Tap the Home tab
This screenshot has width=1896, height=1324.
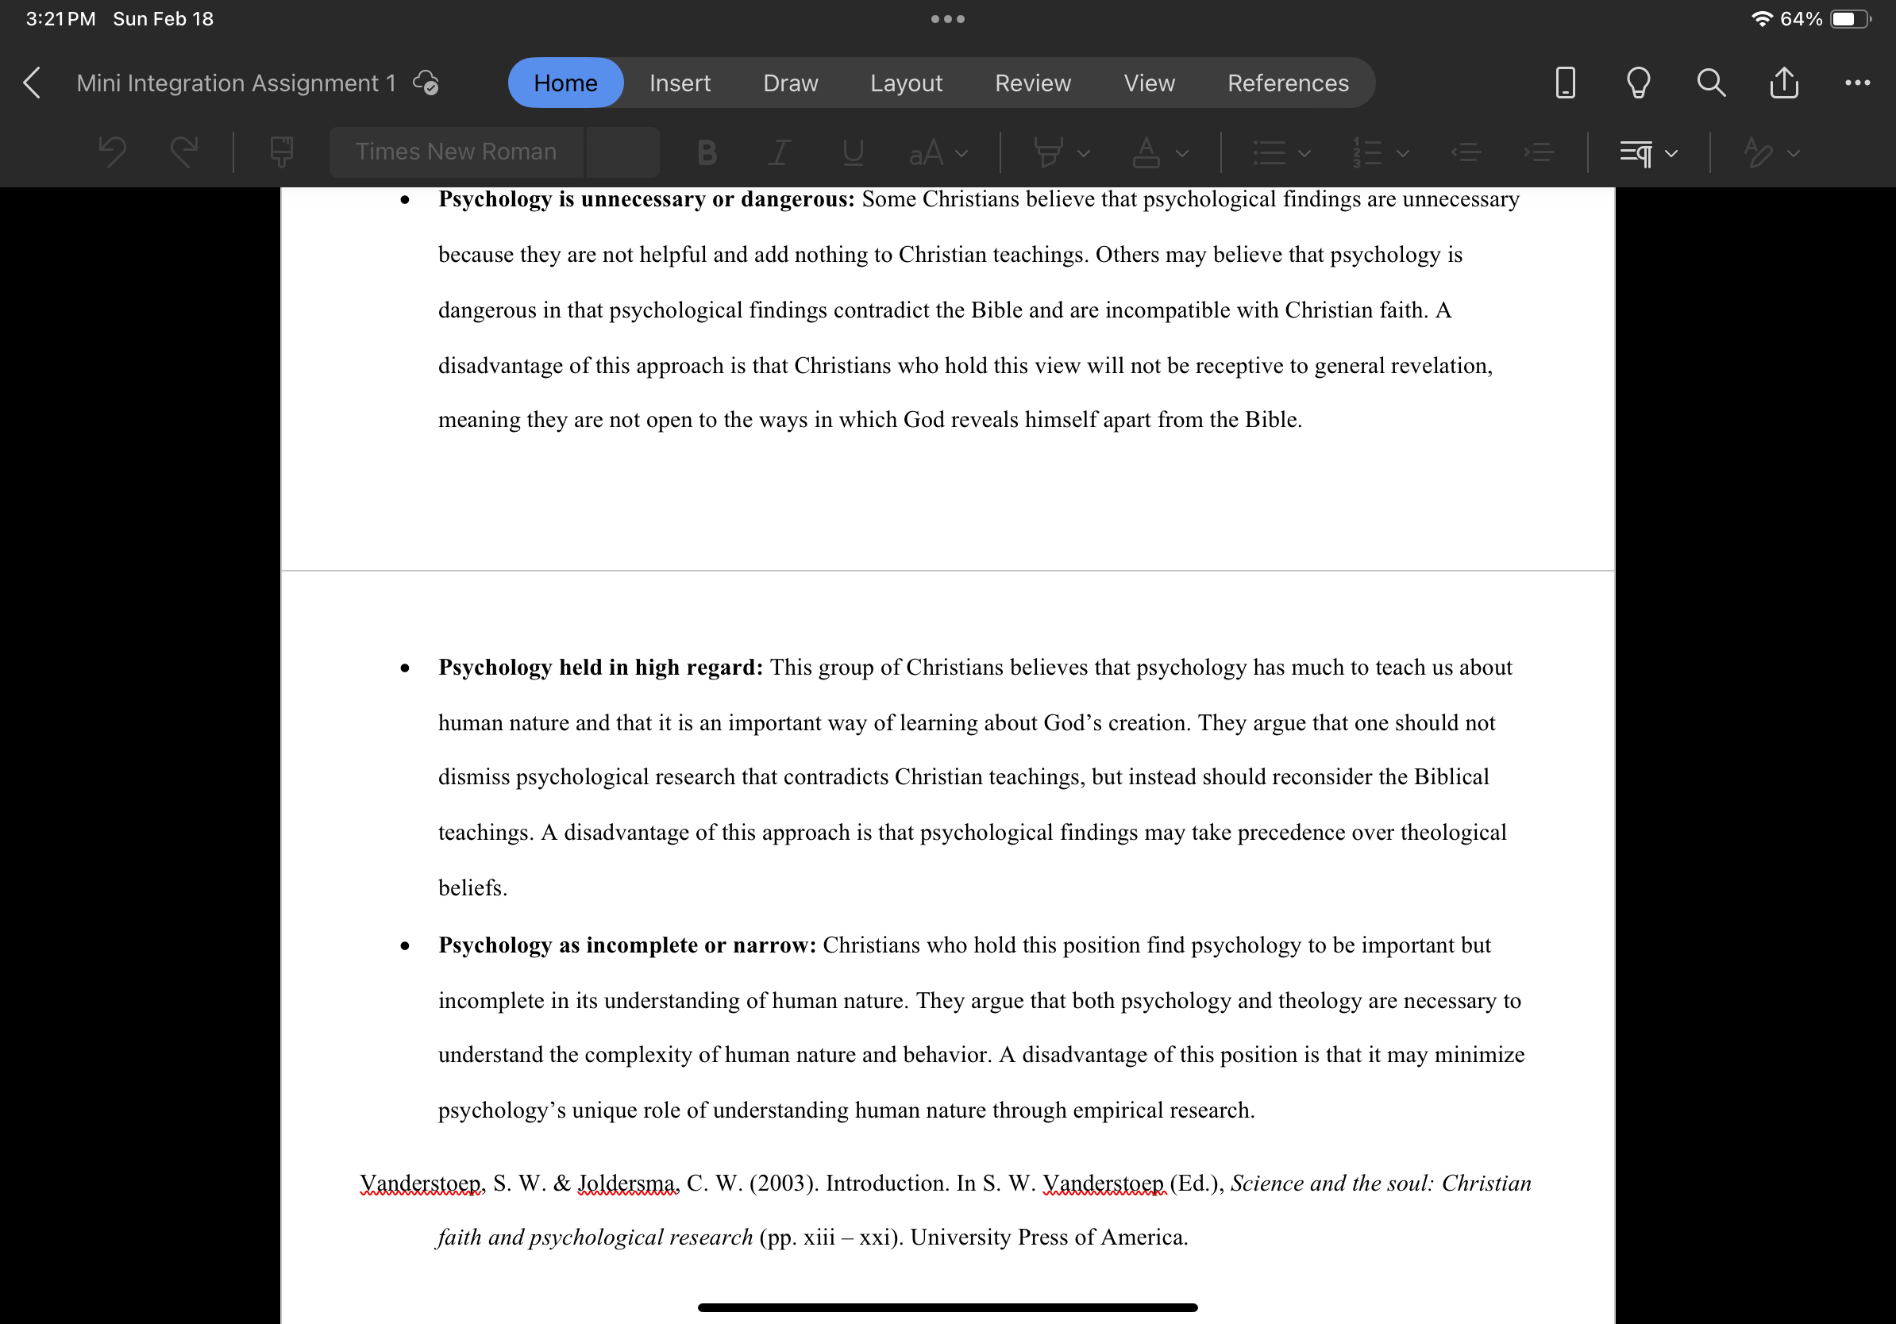[x=565, y=83]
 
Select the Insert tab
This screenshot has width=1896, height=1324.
[x=679, y=83]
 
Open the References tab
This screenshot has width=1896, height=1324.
[x=1286, y=83]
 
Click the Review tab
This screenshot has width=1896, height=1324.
[x=1032, y=83]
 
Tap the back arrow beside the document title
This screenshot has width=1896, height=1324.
[x=32, y=83]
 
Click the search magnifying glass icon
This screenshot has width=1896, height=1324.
[x=1710, y=83]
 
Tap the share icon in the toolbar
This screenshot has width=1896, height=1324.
[x=1784, y=83]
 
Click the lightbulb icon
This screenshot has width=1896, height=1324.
[x=1637, y=83]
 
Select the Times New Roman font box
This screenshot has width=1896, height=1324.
[x=456, y=152]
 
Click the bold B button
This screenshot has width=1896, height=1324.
[x=706, y=152]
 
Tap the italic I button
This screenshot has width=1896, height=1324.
[x=779, y=152]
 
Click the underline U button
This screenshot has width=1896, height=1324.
[x=852, y=152]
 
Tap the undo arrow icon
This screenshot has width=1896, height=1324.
[x=112, y=152]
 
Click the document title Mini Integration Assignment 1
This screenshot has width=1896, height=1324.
[x=236, y=83]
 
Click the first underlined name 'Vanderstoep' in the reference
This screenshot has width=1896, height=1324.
[x=420, y=1183]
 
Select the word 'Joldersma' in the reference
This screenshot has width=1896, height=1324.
[x=626, y=1183]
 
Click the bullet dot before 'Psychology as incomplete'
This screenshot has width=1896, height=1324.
[x=405, y=946]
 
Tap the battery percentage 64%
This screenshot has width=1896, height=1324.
[x=1800, y=18]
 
